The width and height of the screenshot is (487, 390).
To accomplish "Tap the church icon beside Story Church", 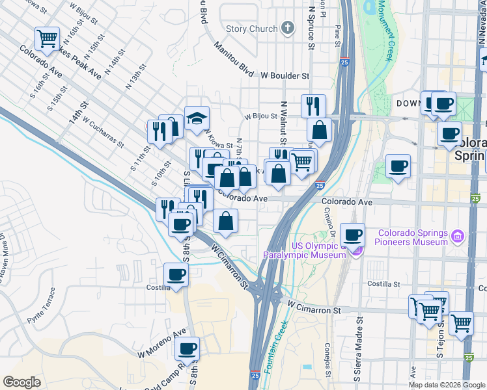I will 288,28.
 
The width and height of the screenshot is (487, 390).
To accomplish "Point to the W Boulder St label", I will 285,75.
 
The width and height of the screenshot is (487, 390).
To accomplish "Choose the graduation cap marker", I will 197,119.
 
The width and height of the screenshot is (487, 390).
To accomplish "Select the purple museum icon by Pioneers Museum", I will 458,235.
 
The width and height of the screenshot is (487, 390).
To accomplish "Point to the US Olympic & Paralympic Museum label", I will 304,250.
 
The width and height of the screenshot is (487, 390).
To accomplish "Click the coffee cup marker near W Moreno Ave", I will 188,348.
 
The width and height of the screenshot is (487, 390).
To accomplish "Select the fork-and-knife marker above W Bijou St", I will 314,106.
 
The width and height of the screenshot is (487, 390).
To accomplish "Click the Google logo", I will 21,382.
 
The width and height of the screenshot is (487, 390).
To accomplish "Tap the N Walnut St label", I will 283,123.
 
